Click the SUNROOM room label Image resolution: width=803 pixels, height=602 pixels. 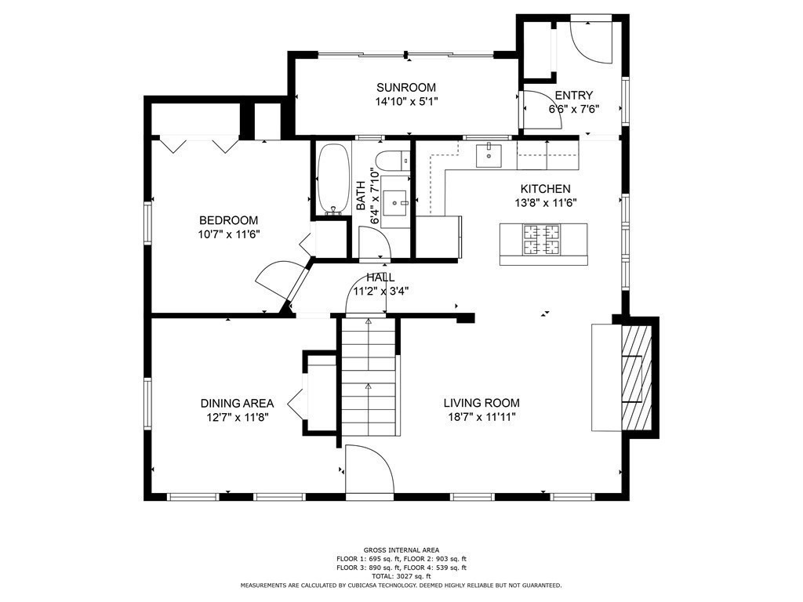point(406,88)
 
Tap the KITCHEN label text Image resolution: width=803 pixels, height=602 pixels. point(546,189)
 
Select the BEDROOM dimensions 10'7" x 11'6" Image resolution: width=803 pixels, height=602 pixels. point(229,234)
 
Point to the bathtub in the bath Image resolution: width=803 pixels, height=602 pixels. point(332,179)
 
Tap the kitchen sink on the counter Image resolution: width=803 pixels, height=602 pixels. point(489,156)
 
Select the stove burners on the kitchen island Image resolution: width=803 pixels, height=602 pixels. point(541,240)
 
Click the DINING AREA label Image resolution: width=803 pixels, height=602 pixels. point(237,404)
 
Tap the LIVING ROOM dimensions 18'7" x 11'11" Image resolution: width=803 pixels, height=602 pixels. point(481,417)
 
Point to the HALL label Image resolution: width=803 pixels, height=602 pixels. point(380,277)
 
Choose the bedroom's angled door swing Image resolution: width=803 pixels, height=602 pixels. point(282,279)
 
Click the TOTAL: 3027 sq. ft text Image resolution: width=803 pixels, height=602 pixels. point(401,576)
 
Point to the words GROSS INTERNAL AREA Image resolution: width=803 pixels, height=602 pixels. point(401,550)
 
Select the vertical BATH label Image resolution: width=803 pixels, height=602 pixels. point(361,195)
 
